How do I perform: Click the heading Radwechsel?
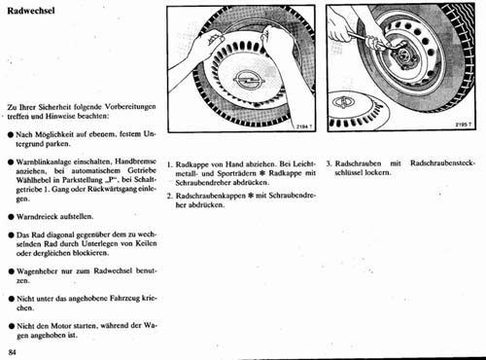click(x=31, y=11)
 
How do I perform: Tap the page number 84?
click(x=12, y=352)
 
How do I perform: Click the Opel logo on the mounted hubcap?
click(x=249, y=80)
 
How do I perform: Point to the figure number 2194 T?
click(x=304, y=126)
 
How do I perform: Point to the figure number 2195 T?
click(x=464, y=125)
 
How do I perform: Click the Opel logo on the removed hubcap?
click(x=343, y=102)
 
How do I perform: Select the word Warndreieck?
click(x=37, y=216)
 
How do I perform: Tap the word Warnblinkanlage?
click(x=44, y=162)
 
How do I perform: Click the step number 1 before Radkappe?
click(x=169, y=164)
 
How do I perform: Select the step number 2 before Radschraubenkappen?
click(x=169, y=196)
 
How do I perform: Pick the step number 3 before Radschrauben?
click(x=329, y=163)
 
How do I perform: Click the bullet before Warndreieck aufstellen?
click(x=12, y=217)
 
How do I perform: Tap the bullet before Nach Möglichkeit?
click(x=12, y=134)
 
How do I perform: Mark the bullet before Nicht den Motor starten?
click(x=12, y=326)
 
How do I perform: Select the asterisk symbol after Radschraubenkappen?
click(x=250, y=196)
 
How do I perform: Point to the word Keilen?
click(x=146, y=243)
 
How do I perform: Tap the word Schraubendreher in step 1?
click(x=203, y=183)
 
